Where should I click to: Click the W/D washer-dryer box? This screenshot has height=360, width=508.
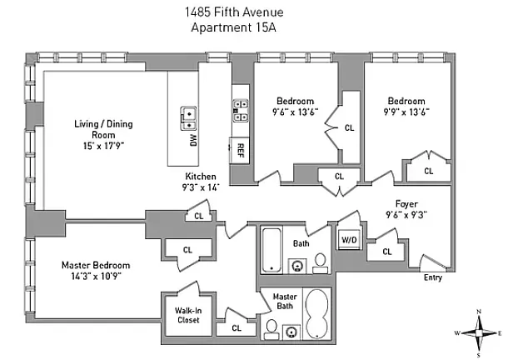[x=349, y=240]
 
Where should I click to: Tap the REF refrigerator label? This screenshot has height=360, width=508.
[x=241, y=150]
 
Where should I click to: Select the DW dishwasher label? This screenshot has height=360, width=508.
[x=193, y=140]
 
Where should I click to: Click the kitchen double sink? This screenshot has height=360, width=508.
[x=188, y=118]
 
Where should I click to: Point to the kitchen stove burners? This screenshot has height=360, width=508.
[x=241, y=111]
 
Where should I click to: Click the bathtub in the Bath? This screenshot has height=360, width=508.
[x=271, y=250]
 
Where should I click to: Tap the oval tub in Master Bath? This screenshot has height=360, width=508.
[x=316, y=314]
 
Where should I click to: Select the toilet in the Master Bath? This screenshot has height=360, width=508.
[x=271, y=330]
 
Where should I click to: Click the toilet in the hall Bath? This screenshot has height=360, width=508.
[x=320, y=263]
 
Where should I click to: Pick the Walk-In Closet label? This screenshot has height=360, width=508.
[x=188, y=315]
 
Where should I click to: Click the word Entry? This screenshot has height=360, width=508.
[x=433, y=277]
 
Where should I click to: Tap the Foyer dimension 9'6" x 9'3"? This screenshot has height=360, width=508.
[x=406, y=215]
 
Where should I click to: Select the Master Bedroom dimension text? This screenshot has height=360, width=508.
[x=96, y=277]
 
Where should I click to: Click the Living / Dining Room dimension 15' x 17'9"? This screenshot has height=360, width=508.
[x=103, y=146]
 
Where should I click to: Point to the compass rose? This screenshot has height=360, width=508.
[x=479, y=333]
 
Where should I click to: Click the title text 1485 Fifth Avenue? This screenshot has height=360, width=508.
[x=234, y=12]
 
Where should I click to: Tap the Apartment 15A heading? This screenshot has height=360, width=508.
[x=233, y=27]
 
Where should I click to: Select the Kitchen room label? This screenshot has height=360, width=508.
[x=201, y=177]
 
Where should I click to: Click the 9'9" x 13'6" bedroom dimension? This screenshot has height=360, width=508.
[x=406, y=112]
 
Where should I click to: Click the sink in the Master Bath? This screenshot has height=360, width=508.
[x=291, y=332]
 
